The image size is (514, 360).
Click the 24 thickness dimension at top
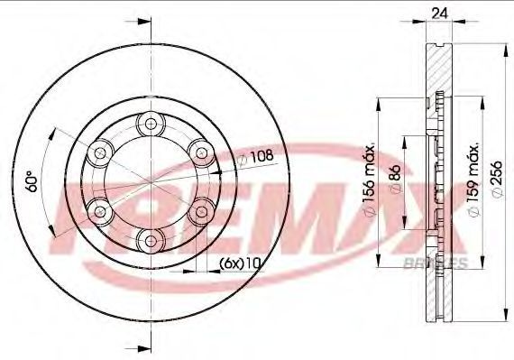tap(439, 14)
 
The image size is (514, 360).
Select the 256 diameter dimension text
tap(497, 179)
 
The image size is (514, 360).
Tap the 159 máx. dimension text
tap(473, 180)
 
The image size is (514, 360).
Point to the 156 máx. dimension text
tap(370, 180)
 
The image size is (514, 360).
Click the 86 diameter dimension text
tap(396, 179)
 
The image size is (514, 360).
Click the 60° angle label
tap(32, 181)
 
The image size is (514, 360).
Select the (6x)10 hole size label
tap(240, 263)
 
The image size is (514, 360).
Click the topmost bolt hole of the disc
tap(151, 124)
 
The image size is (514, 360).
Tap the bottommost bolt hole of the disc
tap(151, 241)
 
